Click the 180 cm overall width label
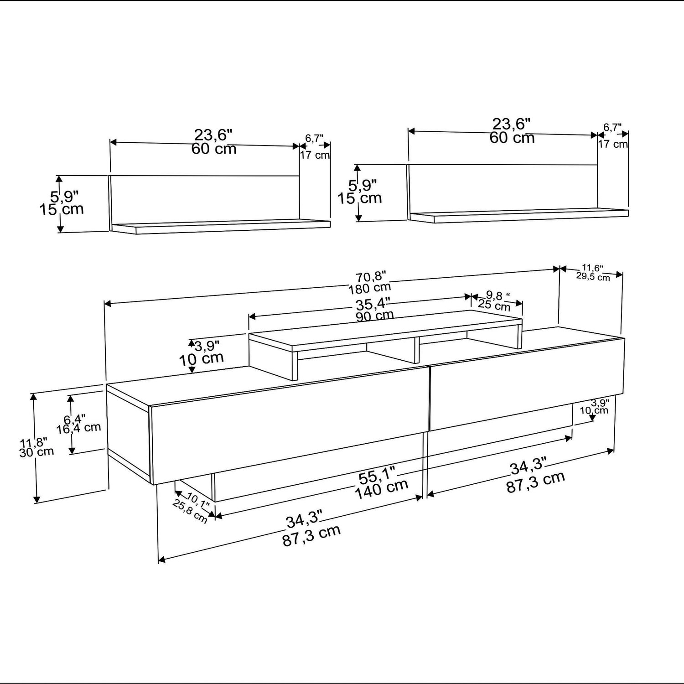[x=370, y=287]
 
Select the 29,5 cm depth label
[x=593, y=276]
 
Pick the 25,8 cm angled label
[x=190, y=511]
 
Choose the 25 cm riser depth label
[x=494, y=304]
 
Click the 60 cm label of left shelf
[x=214, y=149]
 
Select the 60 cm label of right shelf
[x=512, y=138]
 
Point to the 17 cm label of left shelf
[x=315, y=155]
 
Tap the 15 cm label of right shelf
[x=360, y=198]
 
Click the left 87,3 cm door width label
[x=311, y=537]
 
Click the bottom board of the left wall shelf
[x=220, y=227]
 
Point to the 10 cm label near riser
[x=201, y=358]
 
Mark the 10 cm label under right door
[x=594, y=410]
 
